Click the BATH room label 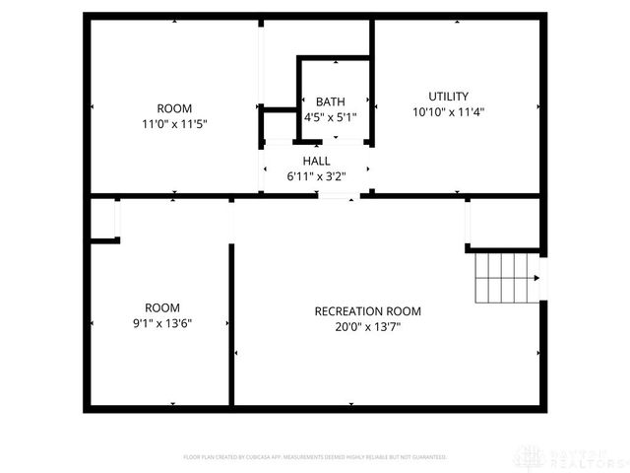[x=330, y=101]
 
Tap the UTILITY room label [x=448, y=97]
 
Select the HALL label [x=316, y=161]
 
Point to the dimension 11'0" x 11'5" [x=174, y=123]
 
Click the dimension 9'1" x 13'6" [x=161, y=322]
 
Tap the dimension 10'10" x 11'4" [x=448, y=111]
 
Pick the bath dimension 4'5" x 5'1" [x=330, y=116]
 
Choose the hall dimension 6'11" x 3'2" [x=316, y=175]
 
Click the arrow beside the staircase [x=536, y=278]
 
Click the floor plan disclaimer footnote [x=315, y=457]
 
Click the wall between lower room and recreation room [x=231, y=325]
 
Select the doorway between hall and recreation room [x=338, y=196]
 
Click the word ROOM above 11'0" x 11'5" [x=174, y=108]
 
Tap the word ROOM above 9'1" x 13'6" [x=161, y=307]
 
